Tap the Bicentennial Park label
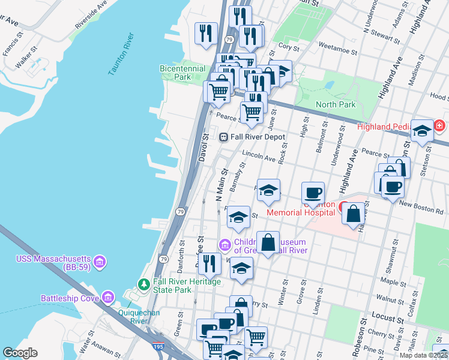(x=183, y=73)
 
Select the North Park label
(x=336, y=104)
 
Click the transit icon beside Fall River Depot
(x=223, y=137)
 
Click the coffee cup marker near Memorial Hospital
(x=313, y=194)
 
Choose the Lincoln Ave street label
(x=258, y=157)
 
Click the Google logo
(x=20, y=353)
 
